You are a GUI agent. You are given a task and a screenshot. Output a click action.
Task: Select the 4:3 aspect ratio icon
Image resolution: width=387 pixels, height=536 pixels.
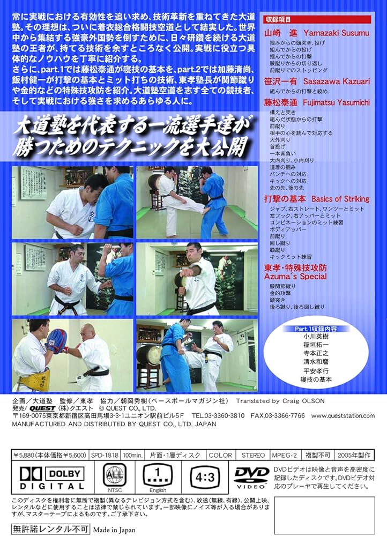(206, 475)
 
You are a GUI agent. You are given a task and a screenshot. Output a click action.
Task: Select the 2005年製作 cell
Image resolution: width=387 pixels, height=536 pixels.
(358, 455)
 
